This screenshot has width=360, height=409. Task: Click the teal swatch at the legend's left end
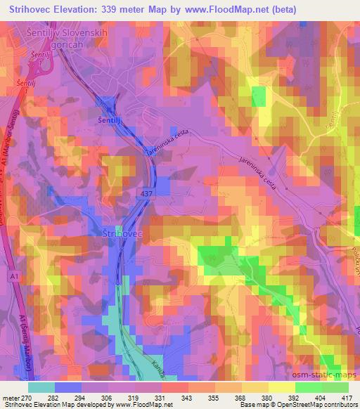42,387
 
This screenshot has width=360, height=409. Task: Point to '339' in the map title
110,9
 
